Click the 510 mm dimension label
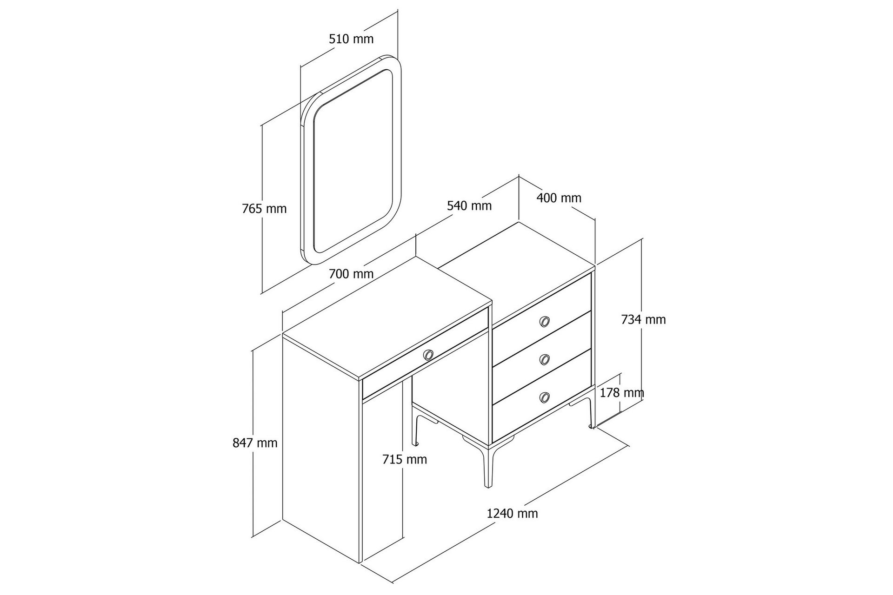tap(351, 39)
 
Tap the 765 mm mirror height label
tap(264, 209)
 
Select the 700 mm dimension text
tap(351, 274)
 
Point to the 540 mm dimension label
tap(469, 205)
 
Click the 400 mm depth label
tap(559, 198)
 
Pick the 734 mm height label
tap(644, 319)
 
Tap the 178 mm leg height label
tap(622, 393)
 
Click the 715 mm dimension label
tap(405, 459)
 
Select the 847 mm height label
tap(255, 443)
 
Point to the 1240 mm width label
tap(512, 514)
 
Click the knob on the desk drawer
tap(428, 355)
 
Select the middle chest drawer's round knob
tap(545, 359)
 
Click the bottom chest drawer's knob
tap(545, 397)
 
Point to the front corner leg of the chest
tap(488, 465)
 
